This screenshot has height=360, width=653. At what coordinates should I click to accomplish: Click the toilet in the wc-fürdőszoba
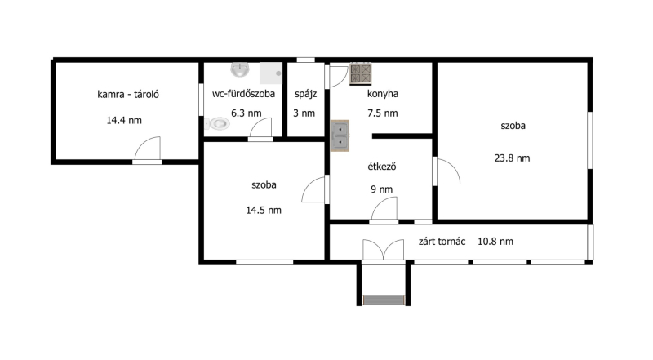click(217, 123)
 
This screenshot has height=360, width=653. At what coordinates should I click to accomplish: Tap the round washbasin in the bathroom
click(240, 69)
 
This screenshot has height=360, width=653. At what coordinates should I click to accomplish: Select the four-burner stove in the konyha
click(360, 73)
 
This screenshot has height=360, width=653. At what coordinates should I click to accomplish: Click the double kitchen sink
click(340, 136)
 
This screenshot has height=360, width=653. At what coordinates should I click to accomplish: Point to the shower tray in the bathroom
click(271, 73)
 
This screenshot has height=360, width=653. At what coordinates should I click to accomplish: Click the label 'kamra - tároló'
click(128, 94)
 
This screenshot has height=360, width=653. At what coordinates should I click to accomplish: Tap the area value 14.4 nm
click(124, 121)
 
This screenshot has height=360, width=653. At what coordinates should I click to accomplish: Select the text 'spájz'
click(305, 94)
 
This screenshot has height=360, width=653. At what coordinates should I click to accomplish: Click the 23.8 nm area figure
click(513, 158)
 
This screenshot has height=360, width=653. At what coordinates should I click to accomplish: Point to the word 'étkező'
click(381, 167)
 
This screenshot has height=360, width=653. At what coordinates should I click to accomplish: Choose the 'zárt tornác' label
click(442, 242)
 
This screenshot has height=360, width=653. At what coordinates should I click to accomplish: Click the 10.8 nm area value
click(495, 242)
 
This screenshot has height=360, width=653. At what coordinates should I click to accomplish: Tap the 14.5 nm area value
click(264, 210)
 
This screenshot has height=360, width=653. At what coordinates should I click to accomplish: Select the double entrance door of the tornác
click(383, 250)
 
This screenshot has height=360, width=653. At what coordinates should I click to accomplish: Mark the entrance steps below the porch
click(384, 300)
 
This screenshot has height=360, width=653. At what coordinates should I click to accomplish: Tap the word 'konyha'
click(383, 94)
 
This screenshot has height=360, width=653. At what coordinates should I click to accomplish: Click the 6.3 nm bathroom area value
click(247, 113)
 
